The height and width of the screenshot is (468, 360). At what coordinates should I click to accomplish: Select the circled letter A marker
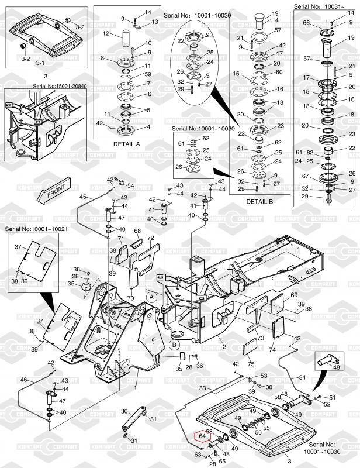point(151,297)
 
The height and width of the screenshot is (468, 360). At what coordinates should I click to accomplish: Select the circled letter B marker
point(174,345)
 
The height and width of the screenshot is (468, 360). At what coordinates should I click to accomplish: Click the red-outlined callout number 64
point(202,436)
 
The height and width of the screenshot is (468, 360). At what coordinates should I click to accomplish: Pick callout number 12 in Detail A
point(106,34)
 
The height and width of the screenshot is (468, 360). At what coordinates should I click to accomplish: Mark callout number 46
point(23,380)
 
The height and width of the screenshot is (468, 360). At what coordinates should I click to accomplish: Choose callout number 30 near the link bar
point(123,411)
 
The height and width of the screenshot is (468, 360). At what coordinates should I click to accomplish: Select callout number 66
point(306,22)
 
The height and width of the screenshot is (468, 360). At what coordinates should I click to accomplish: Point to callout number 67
point(305,176)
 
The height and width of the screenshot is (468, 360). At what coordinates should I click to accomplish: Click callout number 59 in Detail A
point(148,74)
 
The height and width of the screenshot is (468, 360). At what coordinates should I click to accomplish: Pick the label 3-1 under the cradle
point(40,63)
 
